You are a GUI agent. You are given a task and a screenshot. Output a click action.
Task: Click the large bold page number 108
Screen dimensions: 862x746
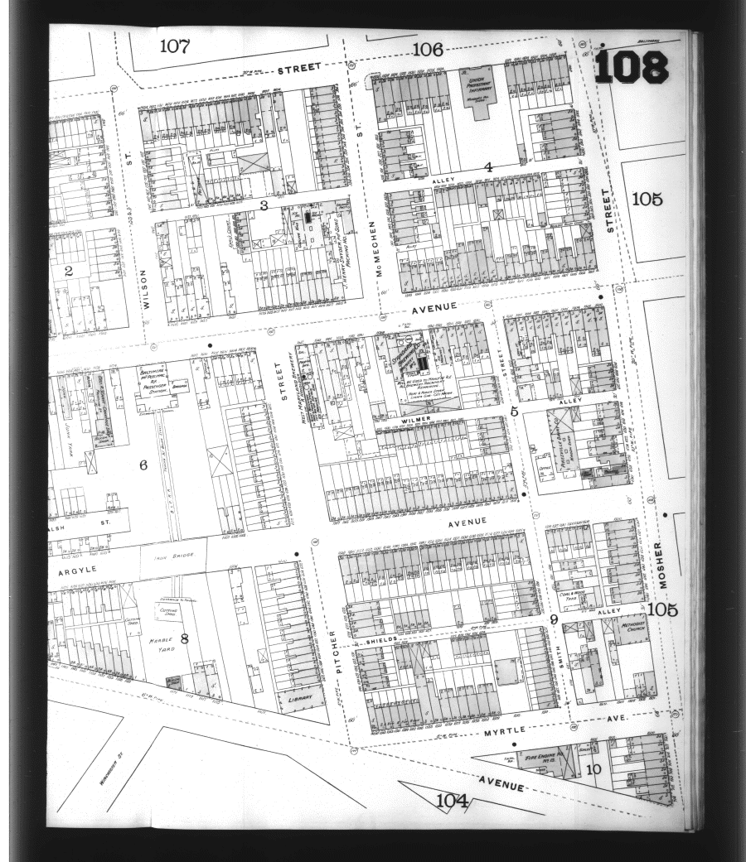tap(631, 65)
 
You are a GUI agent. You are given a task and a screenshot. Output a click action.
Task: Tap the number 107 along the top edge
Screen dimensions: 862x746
tap(175, 46)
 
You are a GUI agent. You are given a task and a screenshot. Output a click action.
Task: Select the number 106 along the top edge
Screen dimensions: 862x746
tap(427, 50)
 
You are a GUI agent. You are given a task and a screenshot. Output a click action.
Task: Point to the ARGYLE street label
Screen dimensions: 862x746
tap(78, 570)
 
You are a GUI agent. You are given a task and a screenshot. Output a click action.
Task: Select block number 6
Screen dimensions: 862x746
tap(143, 465)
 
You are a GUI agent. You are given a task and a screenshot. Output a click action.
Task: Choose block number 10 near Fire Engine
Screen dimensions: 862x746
tap(593, 768)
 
